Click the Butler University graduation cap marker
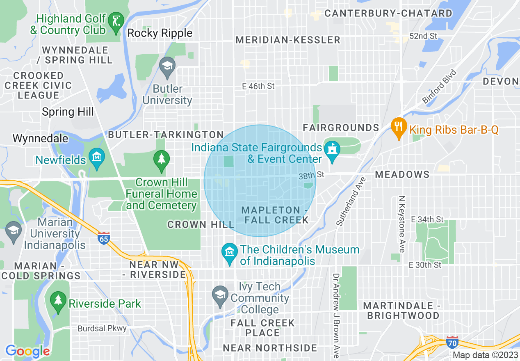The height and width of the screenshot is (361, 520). point(167,66)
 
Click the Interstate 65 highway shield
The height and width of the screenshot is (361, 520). point(104,238)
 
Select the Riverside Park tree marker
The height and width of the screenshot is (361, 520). point(58,301)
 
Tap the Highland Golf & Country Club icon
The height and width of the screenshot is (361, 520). point(117,20)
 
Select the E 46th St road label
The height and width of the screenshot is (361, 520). point(258,86)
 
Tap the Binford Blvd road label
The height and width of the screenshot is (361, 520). point(439,87)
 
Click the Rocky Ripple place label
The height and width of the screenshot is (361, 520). point(160,33)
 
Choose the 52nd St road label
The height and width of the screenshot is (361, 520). point(424,36)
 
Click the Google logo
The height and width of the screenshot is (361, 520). point(27,351)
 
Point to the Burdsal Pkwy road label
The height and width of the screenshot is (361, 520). point(102,329)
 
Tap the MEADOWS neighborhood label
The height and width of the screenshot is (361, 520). point(402,174)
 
